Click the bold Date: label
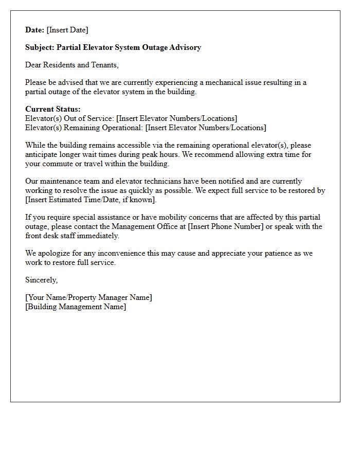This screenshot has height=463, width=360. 35,30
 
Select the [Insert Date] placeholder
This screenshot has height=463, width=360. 67,30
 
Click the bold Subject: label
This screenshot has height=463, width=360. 40,47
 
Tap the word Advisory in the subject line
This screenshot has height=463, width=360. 184,47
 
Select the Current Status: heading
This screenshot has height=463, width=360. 53,109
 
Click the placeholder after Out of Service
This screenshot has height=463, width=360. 177,118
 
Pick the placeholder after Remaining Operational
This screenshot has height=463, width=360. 206,128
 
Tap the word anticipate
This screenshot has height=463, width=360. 44,154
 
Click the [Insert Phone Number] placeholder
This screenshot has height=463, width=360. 226,226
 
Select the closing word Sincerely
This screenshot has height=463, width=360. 41,280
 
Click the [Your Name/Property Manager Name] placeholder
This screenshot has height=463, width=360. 88,297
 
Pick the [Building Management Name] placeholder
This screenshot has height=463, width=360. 76,307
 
